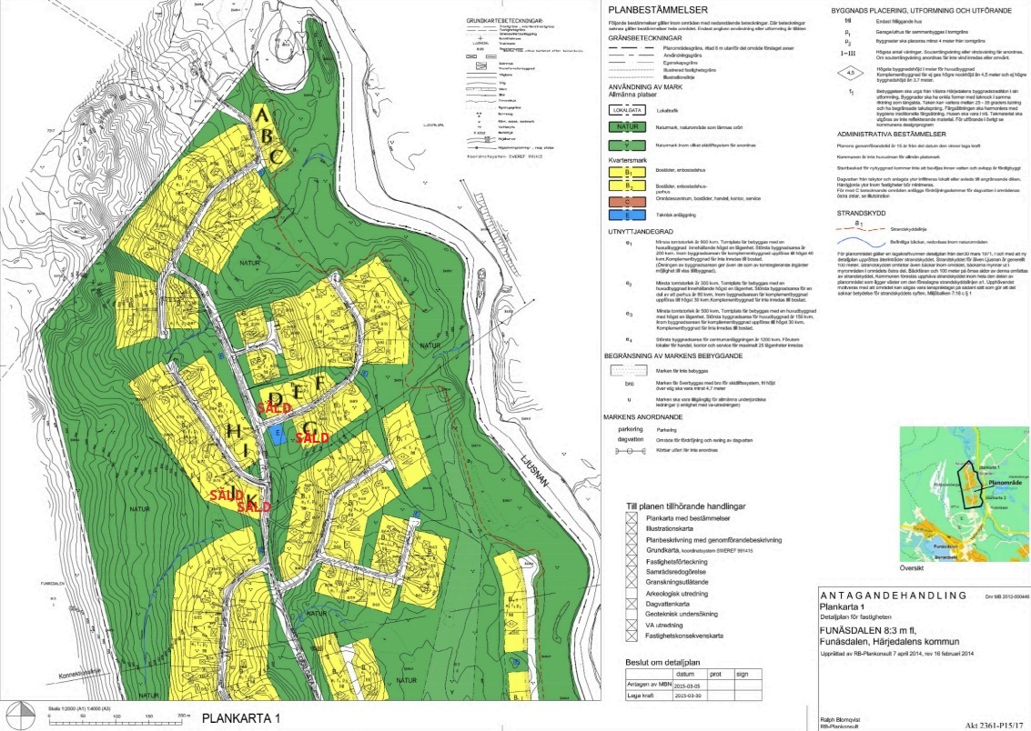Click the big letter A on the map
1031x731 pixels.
point(262,115)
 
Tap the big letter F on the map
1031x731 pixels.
point(319,386)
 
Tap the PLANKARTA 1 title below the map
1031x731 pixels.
point(241,718)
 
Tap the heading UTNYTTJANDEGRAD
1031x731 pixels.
point(648,233)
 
